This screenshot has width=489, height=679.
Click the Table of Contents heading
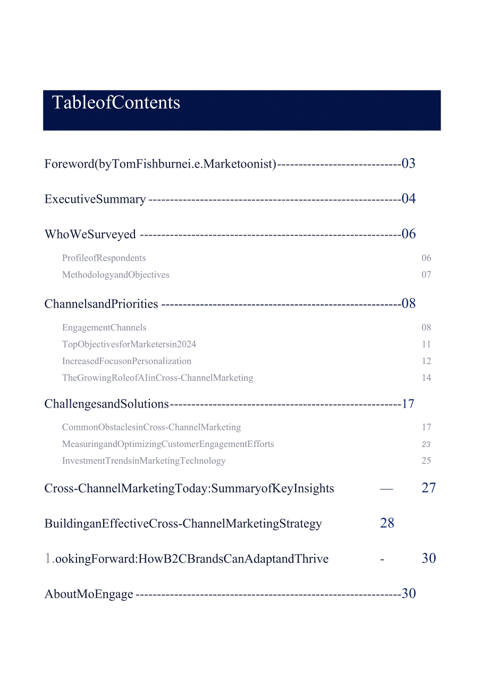(x=116, y=102)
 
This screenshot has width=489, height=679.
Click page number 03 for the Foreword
(x=408, y=163)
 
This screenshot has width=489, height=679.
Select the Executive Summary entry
(x=95, y=199)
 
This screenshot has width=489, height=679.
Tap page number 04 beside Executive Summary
(x=408, y=199)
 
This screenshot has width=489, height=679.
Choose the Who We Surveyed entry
(x=90, y=234)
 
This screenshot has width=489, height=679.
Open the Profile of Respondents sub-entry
(x=104, y=258)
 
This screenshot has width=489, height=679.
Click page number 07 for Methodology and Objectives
(x=426, y=275)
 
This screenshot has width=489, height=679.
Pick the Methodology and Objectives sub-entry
(x=116, y=275)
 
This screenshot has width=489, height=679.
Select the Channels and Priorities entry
(x=102, y=304)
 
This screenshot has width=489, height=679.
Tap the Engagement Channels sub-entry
(x=104, y=328)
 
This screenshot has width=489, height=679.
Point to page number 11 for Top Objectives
(x=426, y=344)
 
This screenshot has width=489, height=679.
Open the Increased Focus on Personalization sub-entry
(x=127, y=361)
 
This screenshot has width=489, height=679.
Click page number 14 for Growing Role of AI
(x=426, y=378)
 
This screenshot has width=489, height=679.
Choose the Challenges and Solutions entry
(x=107, y=404)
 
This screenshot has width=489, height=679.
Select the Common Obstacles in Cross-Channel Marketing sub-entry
(x=151, y=427)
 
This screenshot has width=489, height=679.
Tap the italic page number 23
(x=426, y=444)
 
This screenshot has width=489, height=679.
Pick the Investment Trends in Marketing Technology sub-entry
(x=144, y=461)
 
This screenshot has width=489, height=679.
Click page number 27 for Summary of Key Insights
(x=428, y=488)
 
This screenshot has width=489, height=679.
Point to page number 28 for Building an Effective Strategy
(x=387, y=523)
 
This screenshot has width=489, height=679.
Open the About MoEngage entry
(x=89, y=594)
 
